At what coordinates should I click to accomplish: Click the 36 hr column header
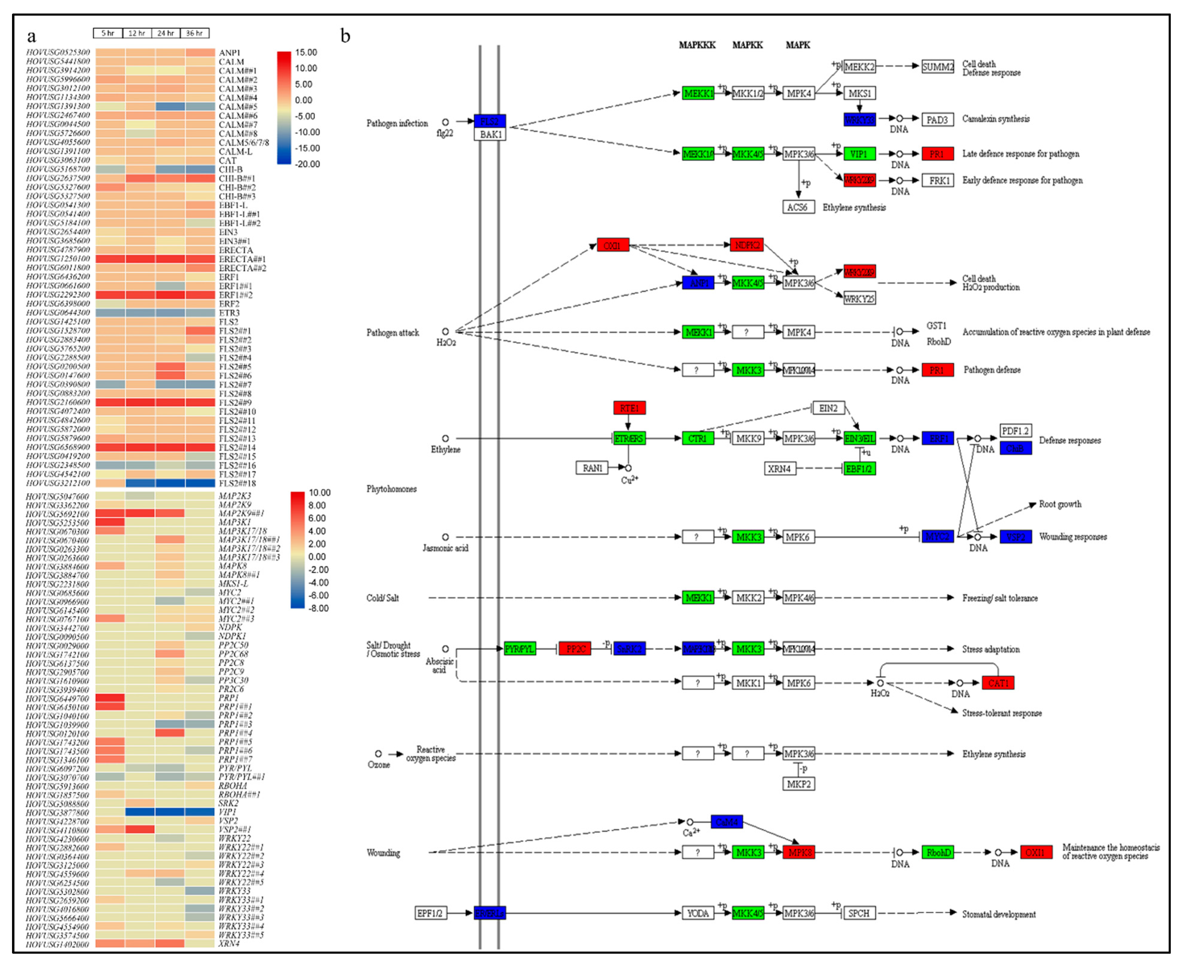[x=194, y=33]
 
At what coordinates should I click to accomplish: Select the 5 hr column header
[x=108, y=33]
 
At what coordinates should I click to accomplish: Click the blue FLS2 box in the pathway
[x=489, y=121]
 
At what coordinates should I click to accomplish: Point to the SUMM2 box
[x=937, y=67]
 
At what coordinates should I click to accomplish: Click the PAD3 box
[x=937, y=119]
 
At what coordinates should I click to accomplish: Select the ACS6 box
[x=798, y=207]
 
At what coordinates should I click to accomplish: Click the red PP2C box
[x=575, y=648]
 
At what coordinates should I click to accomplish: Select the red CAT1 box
[x=998, y=683]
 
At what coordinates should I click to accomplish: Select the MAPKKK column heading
[x=697, y=45]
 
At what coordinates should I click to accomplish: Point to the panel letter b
[x=345, y=37]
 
